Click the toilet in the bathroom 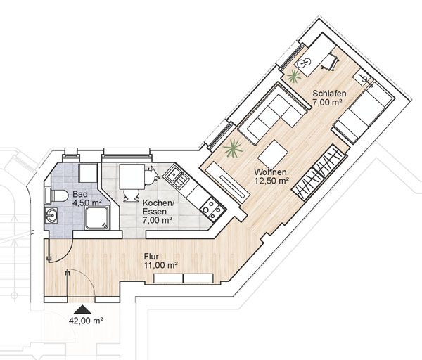click(x=57, y=195)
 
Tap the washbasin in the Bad click(x=51, y=215)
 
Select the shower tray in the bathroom click(x=97, y=218)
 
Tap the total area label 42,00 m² click(x=86, y=321)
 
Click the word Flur click(x=151, y=256)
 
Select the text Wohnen click(x=270, y=172)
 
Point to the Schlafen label click(x=329, y=94)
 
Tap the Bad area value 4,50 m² click(x=87, y=202)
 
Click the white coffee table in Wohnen click(x=273, y=155)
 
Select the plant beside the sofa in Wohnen click(x=233, y=148)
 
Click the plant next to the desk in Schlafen click(x=293, y=77)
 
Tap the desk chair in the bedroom click(x=330, y=62)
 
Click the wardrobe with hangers click(x=319, y=172)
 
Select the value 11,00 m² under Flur click(x=161, y=266)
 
